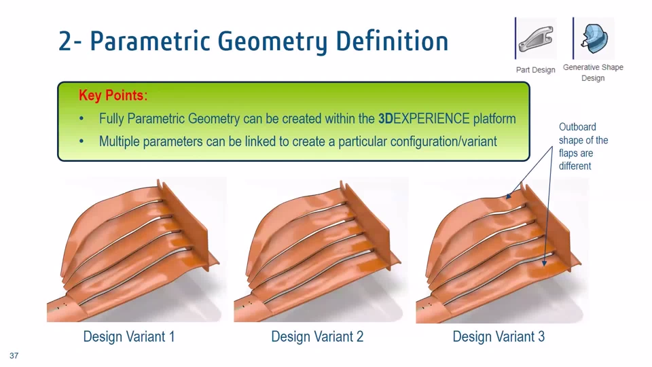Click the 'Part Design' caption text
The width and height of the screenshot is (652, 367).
(x=536, y=70)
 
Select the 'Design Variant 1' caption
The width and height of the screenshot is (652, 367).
(x=129, y=336)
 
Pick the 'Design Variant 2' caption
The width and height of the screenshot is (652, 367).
(x=317, y=336)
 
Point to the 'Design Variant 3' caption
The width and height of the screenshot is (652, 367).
(x=499, y=336)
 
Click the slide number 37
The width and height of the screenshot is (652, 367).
(x=14, y=355)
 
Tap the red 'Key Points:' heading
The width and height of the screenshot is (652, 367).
(x=113, y=95)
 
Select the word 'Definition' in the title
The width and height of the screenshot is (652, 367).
(x=392, y=41)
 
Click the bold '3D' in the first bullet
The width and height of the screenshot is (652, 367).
(x=386, y=118)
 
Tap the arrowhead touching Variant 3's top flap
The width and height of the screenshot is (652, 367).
(x=509, y=195)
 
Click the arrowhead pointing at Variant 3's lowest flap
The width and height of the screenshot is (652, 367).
(x=544, y=262)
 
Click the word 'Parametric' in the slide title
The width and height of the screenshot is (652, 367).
(x=150, y=41)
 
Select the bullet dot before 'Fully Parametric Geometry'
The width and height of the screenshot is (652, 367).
(x=81, y=119)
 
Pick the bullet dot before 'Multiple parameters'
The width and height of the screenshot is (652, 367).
(x=81, y=142)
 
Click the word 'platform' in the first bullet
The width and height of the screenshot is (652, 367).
(x=494, y=119)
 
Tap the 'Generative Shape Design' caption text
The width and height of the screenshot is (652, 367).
(x=593, y=73)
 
